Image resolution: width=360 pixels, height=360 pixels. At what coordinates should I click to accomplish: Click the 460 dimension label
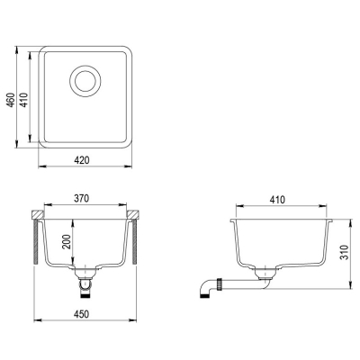11,100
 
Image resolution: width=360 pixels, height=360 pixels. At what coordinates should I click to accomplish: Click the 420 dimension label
82,160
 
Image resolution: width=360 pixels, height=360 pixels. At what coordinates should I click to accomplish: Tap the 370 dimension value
82,199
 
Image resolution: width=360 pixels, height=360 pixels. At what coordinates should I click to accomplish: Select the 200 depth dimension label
67,241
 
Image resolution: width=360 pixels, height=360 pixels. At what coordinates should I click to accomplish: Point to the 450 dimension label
82,314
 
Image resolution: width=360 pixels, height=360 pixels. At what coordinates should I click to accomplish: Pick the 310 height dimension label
345,253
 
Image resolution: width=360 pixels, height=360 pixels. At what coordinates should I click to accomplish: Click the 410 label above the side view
277,200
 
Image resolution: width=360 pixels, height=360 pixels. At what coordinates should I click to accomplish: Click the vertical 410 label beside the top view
24,100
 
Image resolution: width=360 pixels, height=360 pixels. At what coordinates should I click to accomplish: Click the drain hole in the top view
85,80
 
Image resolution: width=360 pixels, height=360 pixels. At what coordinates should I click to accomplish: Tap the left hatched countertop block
38,214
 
